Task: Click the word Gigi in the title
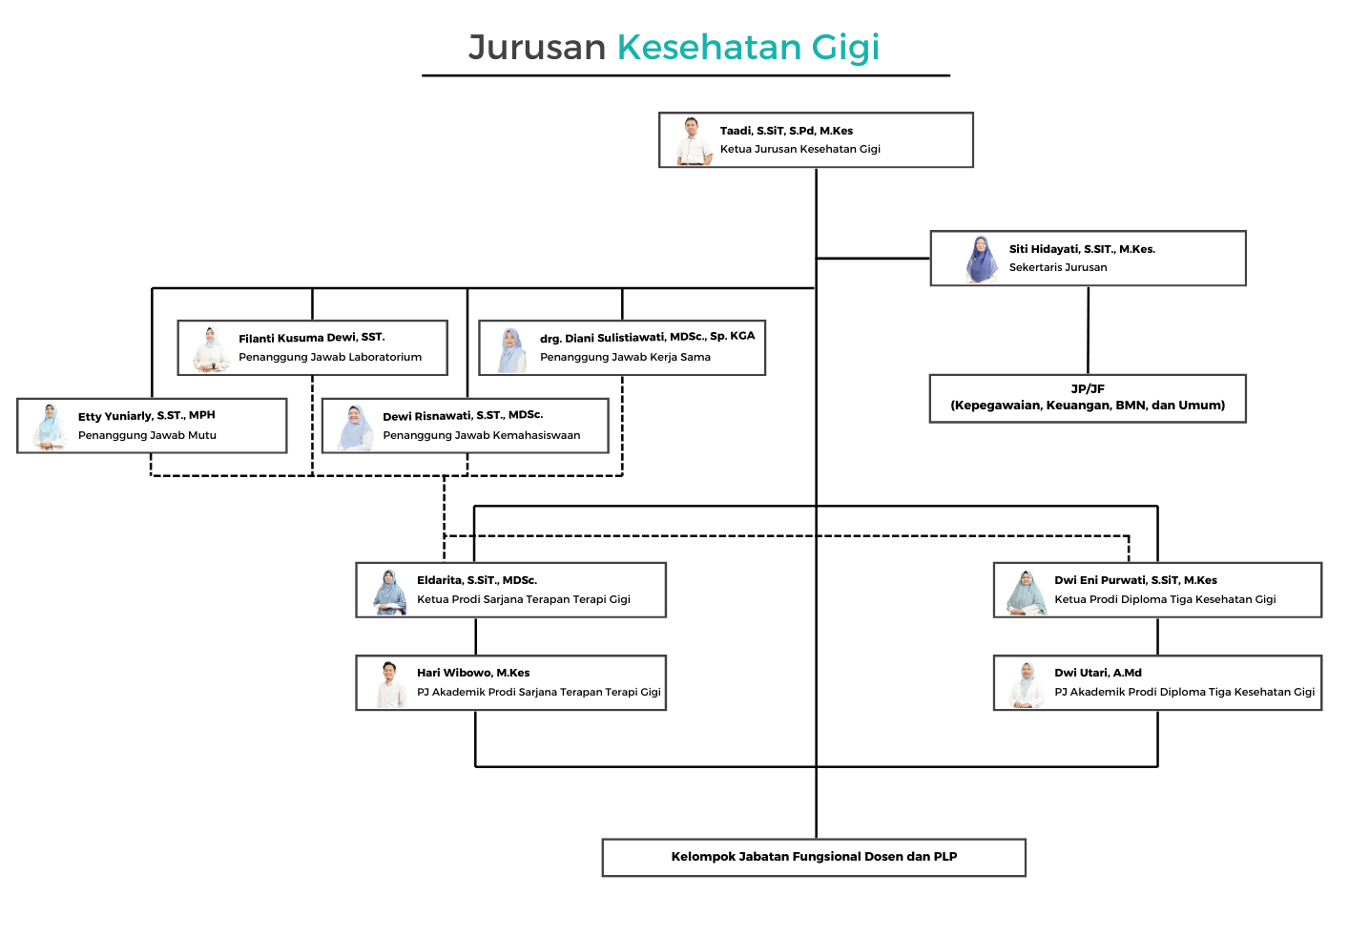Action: [844, 48]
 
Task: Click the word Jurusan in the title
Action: [537, 48]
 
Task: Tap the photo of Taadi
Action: [693, 141]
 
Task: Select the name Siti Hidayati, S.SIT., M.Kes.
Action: [1082, 249]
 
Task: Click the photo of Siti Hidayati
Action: [980, 260]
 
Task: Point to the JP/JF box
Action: [1088, 398]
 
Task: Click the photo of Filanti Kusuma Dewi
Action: [210, 349]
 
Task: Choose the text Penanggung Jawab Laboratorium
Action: [330, 357]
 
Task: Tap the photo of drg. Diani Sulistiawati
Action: [511, 350]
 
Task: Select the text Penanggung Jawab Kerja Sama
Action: [625, 357]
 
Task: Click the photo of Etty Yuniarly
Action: [49, 427]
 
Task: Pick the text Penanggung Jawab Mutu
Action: [147, 435]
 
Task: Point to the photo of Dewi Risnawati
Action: [355, 427]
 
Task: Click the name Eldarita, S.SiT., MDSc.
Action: [477, 580]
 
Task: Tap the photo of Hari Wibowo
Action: [389, 684]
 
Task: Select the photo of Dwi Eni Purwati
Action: [1027, 593]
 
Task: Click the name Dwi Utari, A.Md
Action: [1098, 673]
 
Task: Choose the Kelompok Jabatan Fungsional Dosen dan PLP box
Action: [814, 857]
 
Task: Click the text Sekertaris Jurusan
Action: [1058, 267]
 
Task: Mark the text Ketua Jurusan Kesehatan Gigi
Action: [799, 149]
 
